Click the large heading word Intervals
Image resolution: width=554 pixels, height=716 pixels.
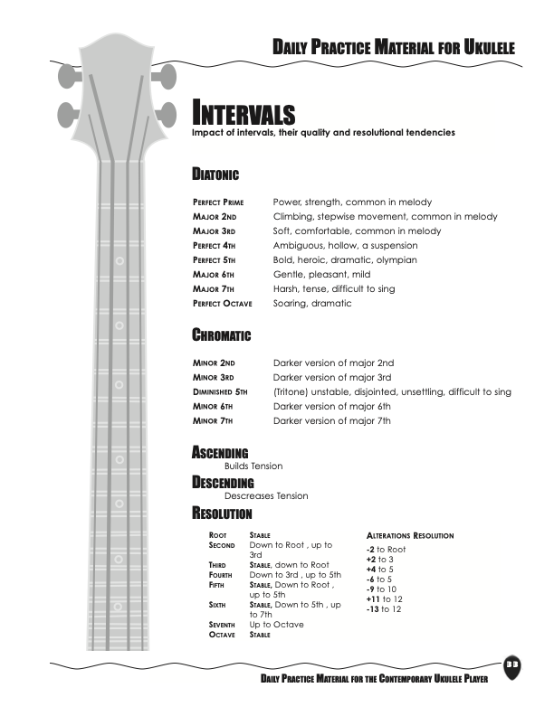[244, 115]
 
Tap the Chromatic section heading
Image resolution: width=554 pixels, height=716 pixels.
[221, 335]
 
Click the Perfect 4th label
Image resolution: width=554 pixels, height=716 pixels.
[214, 246]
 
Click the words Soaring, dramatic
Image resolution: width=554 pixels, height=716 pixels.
[312, 304]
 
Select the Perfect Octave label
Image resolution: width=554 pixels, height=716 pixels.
[223, 304]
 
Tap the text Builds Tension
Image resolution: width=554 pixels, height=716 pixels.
[253, 466]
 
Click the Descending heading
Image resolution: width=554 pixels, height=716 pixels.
[223, 483]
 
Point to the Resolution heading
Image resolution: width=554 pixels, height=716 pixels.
[222, 514]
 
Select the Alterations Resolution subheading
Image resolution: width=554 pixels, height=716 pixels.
[409, 536]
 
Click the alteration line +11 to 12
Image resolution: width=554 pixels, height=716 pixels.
[384, 598]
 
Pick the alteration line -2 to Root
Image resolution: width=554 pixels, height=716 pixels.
[386, 549]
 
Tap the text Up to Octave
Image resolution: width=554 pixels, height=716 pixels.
[277, 625]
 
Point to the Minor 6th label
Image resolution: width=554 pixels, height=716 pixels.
[214, 407]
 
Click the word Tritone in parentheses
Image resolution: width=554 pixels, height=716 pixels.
[291, 392]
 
